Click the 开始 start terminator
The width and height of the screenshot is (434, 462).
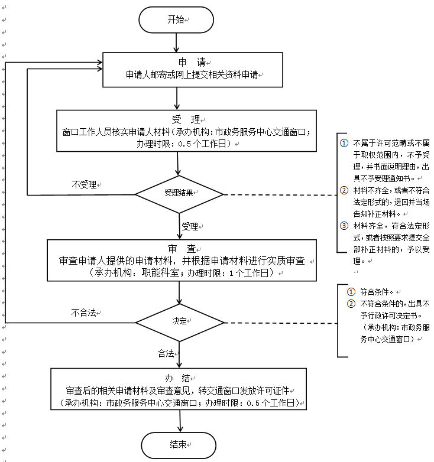[176, 20]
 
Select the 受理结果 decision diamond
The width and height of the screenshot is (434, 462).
[179, 194]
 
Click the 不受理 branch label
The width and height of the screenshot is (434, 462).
[84, 184]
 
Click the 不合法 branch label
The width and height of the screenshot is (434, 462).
[83, 313]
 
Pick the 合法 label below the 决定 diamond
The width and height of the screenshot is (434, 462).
[166, 353]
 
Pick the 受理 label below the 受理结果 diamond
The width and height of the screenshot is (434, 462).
[190, 226]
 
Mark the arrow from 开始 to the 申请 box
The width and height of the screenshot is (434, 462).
[176, 43]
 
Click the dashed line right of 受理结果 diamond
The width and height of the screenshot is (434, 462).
[278, 194]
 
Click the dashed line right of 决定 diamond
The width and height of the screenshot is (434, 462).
[278, 323]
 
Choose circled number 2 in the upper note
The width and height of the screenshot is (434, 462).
[344, 190]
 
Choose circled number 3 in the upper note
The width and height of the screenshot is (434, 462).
[344, 225]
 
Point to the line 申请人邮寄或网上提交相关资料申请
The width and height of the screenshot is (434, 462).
[193, 76]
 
